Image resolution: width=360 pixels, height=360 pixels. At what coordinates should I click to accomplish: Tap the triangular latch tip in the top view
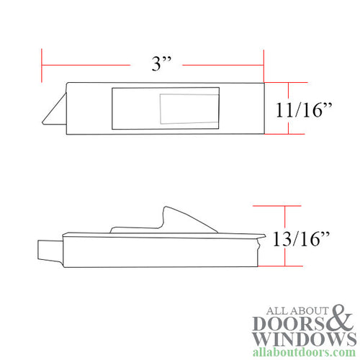pyautogui.click(x=54, y=112)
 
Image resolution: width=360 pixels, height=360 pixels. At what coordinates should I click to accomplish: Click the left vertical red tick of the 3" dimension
pyautogui.click(x=42, y=66)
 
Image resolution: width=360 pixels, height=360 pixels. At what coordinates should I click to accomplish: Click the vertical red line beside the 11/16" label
pyautogui.click(x=289, y=108)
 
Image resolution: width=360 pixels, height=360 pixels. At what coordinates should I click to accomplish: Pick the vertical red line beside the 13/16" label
pyautogui.click(x=287, y=236)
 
